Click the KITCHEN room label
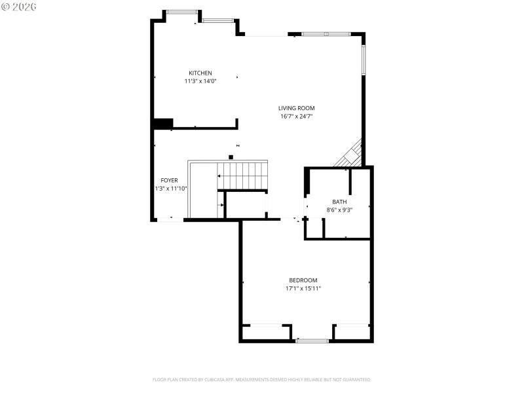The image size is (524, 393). coord(200,73)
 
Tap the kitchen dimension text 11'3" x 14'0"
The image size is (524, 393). coord(200,81)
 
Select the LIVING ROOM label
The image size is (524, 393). coord(297,108)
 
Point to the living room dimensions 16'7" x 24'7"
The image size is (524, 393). coord(297,117)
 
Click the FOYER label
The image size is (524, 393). coord(169,180)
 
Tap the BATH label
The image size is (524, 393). coord(339,202)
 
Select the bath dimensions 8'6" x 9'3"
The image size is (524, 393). coord(339,210)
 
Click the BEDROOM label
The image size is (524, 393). coord(303,280)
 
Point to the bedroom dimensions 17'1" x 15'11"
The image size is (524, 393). coord(303,288)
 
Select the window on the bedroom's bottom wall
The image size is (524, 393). coord(312,341)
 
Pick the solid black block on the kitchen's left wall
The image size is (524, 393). coord(162,123)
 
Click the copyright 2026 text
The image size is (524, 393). coord(19,6)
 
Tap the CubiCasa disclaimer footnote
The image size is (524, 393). coord(262,379)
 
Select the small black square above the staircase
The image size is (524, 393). coord(231,157)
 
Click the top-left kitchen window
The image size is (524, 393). coord(182,11)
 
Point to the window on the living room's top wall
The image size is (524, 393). coord(326,34)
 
